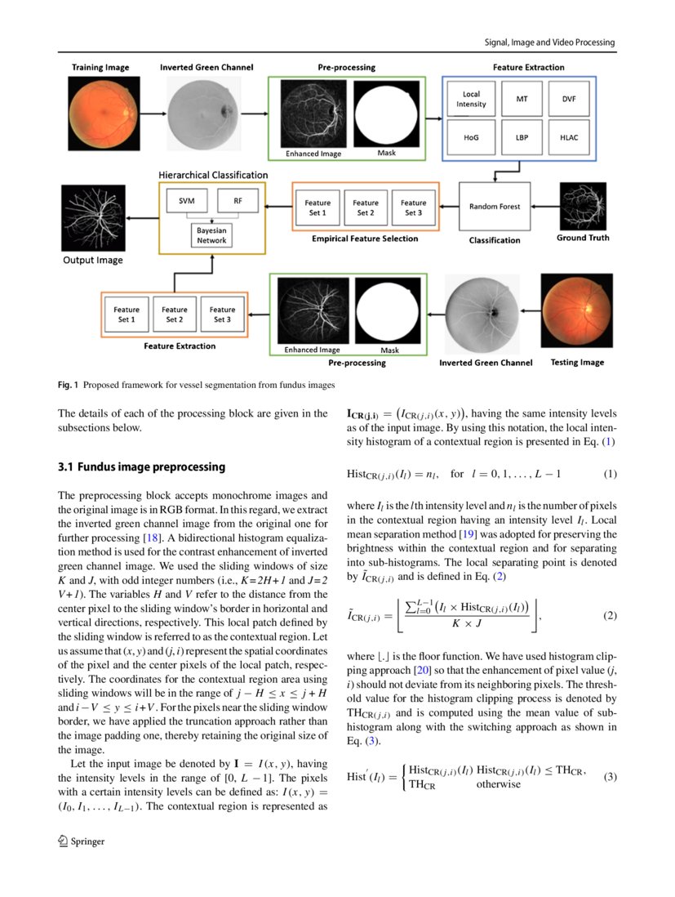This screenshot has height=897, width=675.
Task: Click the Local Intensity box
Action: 471,99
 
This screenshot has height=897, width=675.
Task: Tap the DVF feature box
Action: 569,99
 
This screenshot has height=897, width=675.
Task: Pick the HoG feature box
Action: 471,137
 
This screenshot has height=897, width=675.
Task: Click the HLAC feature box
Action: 569,137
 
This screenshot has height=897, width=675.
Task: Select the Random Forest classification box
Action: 495,207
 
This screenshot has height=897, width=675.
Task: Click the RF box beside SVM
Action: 237,200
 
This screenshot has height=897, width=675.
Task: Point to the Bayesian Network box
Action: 211,235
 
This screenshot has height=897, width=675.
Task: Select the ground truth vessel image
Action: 583,206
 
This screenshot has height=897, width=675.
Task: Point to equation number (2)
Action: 610,615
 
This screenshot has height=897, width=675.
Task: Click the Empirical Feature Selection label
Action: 365,239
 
